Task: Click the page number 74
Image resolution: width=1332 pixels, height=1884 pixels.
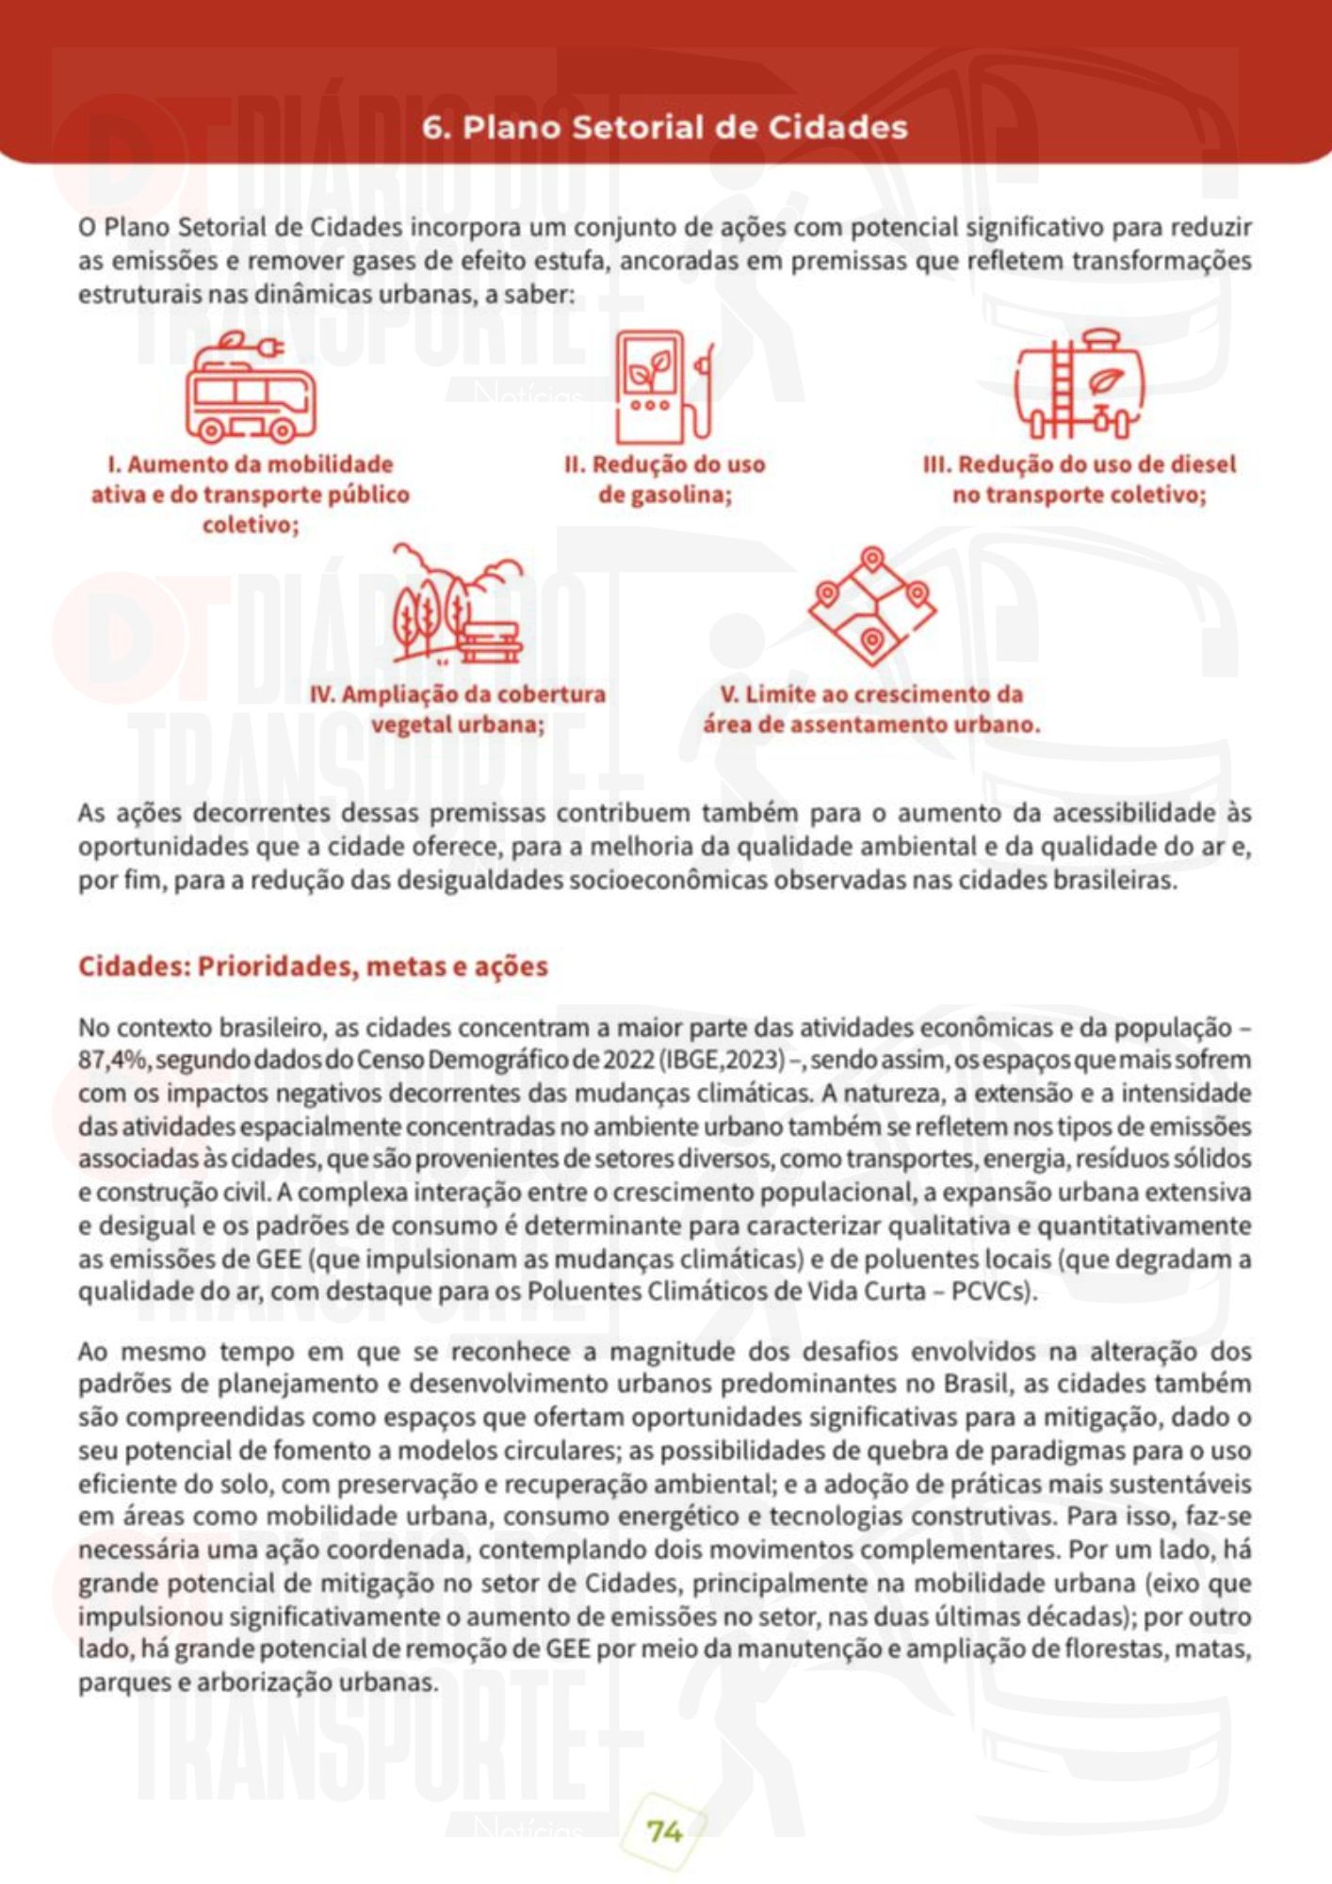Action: (x=664, y=1830)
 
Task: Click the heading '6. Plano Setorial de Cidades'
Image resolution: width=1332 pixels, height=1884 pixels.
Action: (x=665, y=127)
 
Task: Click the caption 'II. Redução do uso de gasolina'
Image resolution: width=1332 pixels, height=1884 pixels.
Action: (x=665, y=479)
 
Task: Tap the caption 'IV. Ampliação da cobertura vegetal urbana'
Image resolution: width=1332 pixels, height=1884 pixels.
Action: (x=458, y=709)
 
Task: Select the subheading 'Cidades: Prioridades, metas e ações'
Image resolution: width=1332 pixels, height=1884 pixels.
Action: (x=313, y=966)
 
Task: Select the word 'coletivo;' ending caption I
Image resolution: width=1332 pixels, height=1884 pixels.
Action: (x=251, y=525)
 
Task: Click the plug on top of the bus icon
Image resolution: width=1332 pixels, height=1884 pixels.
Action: (x=270, y=349)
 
